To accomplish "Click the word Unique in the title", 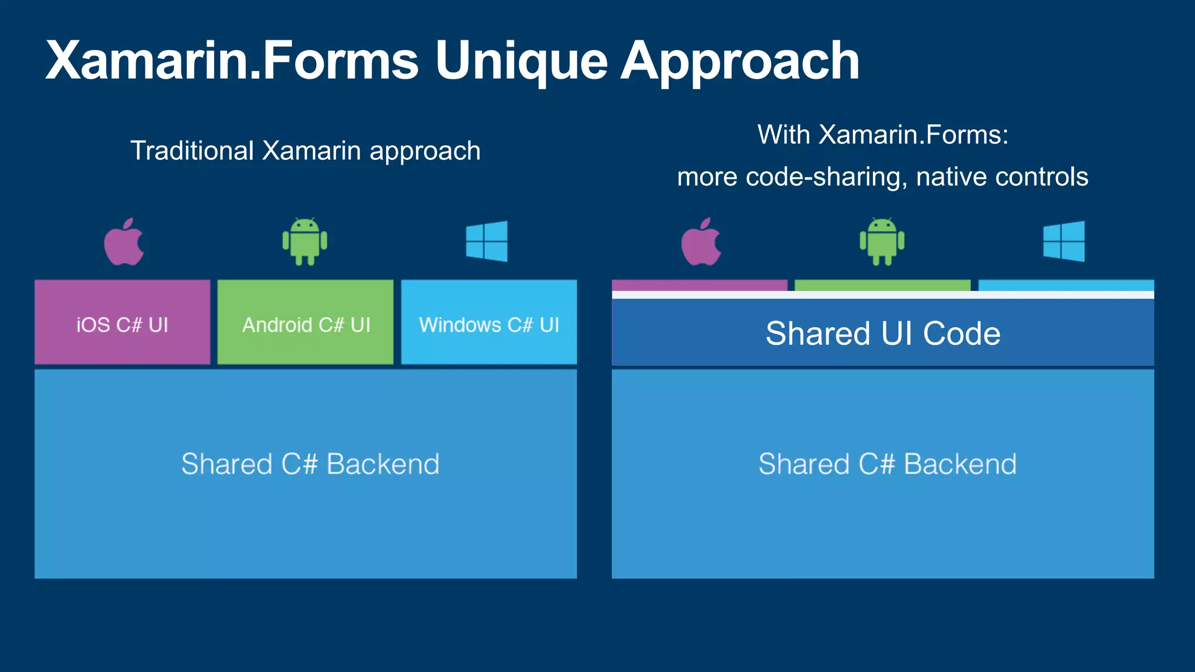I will click(x=520, y=61).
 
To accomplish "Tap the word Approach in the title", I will click(x=739, y=61).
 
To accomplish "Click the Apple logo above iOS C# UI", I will click(x=124, y=243).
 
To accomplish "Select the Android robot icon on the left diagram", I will click(x=305, y=242).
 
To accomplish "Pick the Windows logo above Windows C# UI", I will click(x=487, y=241).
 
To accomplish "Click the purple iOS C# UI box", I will click(x=122, y=323).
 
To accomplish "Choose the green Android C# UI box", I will click(x=306, y=323).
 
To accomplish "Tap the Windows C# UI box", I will click(x=489, y=323).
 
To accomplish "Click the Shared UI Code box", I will click(x=882, y=334).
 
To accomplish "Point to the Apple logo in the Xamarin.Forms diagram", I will click(x=701, y=243).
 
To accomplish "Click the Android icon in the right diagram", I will click(x=882, y=242).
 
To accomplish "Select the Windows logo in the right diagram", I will click(x=1064, y=241).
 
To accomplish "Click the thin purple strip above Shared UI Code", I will click(x=699, y=285).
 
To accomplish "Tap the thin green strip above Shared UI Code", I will click(x=882, y=285).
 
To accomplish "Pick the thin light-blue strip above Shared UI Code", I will click(x=1065, y=285).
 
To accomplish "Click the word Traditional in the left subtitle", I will click(x=192, y=151).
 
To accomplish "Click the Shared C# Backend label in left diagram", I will click(x=310, y=464).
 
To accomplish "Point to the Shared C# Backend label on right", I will click(x=887, y=464).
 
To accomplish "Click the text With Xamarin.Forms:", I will click(x=882, y=135).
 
